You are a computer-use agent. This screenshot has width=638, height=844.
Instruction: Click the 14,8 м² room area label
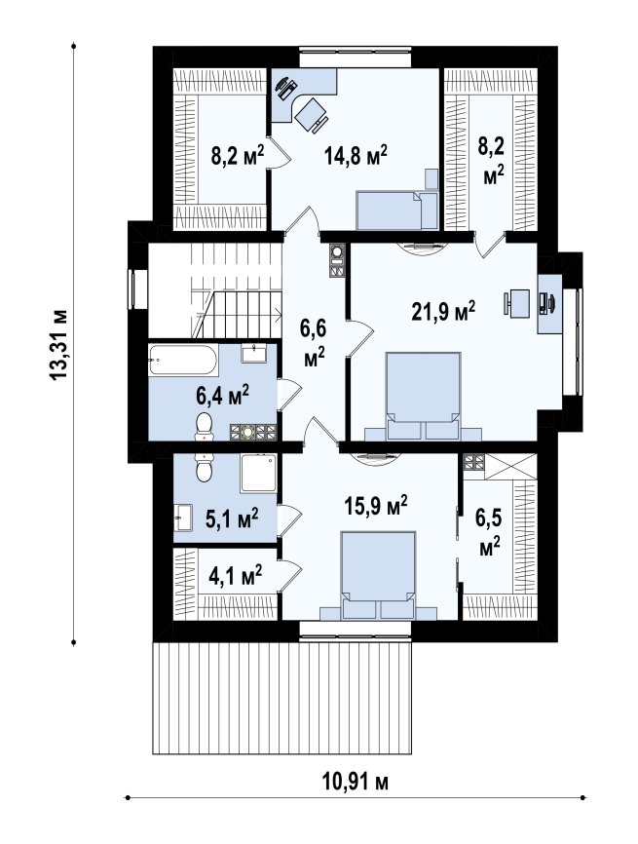[356, 156]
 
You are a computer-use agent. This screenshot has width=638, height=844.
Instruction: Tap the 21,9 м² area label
[443, 311]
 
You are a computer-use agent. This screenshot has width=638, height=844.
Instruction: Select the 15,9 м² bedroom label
[375, 505]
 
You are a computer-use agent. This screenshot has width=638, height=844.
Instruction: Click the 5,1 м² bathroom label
[232, 518]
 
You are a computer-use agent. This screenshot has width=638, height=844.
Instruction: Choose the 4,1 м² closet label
[236, 575]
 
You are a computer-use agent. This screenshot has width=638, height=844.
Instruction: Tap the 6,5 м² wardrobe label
[488, 533]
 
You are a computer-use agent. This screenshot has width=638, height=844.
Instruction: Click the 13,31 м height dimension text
[58, 344]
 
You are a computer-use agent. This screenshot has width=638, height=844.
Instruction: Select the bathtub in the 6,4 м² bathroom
[183, 359]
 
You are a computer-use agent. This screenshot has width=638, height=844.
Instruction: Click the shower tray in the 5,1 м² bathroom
[259, 472]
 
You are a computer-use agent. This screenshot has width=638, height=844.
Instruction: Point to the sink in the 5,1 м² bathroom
[183, 518]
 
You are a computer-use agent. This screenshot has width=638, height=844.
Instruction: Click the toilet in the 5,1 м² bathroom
[205, 467]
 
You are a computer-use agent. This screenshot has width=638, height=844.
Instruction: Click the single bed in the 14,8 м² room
[397, 211]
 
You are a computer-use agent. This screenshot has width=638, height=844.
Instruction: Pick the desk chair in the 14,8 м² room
[312, 114]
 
